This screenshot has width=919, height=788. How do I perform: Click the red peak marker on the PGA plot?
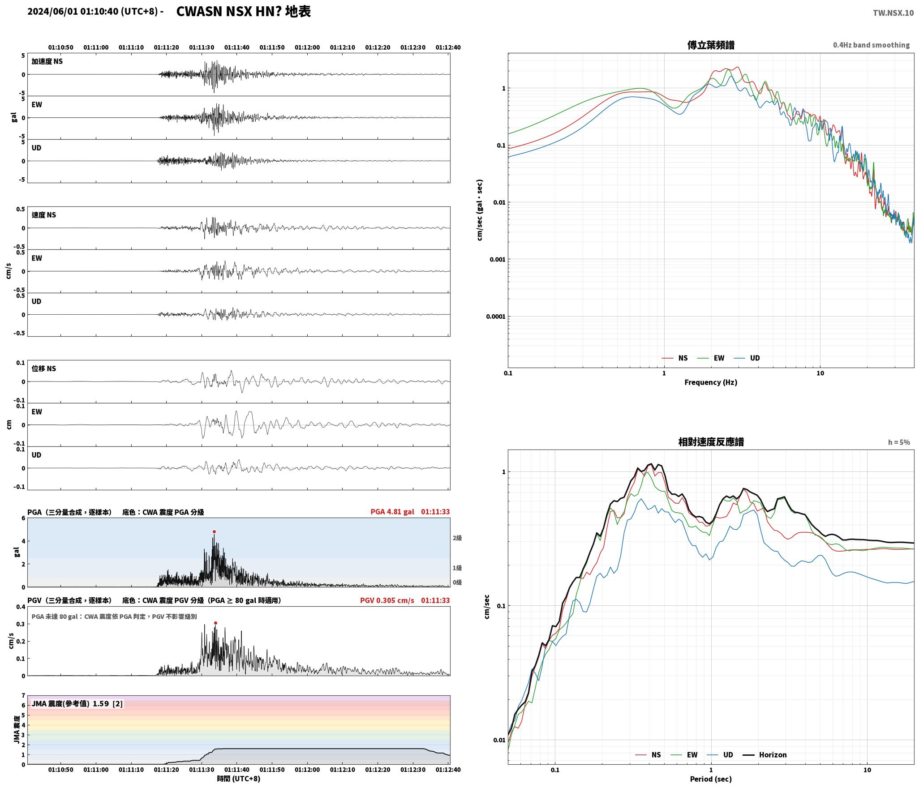tap(214, 532)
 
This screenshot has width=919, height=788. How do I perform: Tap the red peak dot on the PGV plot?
tap(215, 623)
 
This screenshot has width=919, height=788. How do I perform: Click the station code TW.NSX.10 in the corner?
tap(893, 13)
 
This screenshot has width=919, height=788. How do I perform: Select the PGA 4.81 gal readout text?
tap(392, 512)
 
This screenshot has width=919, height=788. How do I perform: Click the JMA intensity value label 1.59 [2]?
tap(107, 703)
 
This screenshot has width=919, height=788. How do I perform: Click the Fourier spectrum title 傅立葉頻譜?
tap(711, 45)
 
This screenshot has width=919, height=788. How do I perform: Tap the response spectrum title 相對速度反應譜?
tap(711, 442)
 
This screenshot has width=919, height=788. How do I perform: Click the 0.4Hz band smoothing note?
tap(871, 45)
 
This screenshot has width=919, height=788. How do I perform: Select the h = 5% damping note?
tap(899, 442)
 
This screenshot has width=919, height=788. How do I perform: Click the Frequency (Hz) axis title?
tap(711, 382)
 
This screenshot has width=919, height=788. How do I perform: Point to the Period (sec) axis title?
tap(711, 779)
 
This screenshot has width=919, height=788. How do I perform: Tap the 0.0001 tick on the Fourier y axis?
tap(496, 317)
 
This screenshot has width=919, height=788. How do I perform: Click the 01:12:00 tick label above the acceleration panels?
tap(307, 47)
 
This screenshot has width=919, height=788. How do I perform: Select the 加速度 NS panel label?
tap(47, 61)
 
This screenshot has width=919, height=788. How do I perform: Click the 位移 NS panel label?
tap(44, 368)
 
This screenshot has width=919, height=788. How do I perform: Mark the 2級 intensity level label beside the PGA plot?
tap(457, 538)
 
